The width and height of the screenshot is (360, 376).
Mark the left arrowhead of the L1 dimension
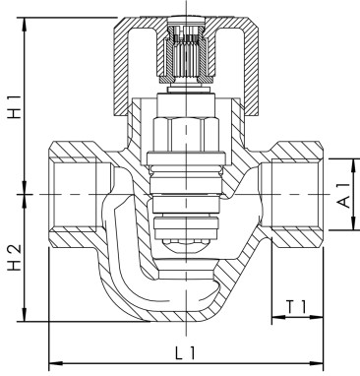pyautogui.click(x=52, y=361)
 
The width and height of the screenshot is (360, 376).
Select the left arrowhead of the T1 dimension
pyautogui.click(x=276, y=318)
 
